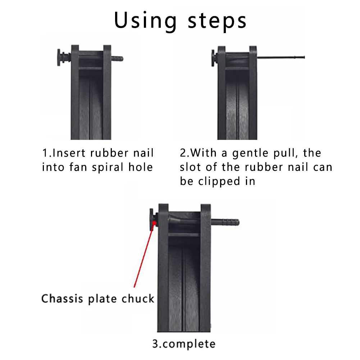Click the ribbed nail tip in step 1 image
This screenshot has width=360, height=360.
coord(117,58)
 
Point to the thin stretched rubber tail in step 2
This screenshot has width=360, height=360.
coord(281,57)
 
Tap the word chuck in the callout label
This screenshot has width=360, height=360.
coord(138,299)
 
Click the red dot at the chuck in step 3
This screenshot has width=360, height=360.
coord(154,224)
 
